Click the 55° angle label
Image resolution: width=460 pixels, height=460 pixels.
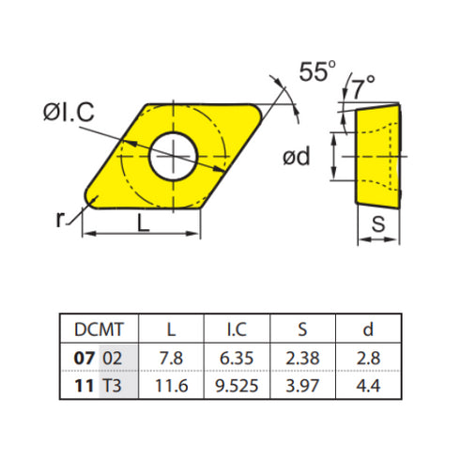coord(317,71)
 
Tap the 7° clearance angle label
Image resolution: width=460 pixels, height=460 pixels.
coord(364,89)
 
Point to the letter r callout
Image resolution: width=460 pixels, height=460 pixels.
coord(60,218)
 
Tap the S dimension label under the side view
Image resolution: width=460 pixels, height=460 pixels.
coord(376,223)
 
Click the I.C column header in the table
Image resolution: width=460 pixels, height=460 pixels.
coord(238,329)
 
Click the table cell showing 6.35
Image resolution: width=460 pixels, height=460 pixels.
coord(238,358)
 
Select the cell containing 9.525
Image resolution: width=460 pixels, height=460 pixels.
coord(238,386)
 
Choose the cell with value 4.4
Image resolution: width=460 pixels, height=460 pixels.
coord(369,386)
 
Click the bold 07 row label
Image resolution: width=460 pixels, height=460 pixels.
coord(84,358)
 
